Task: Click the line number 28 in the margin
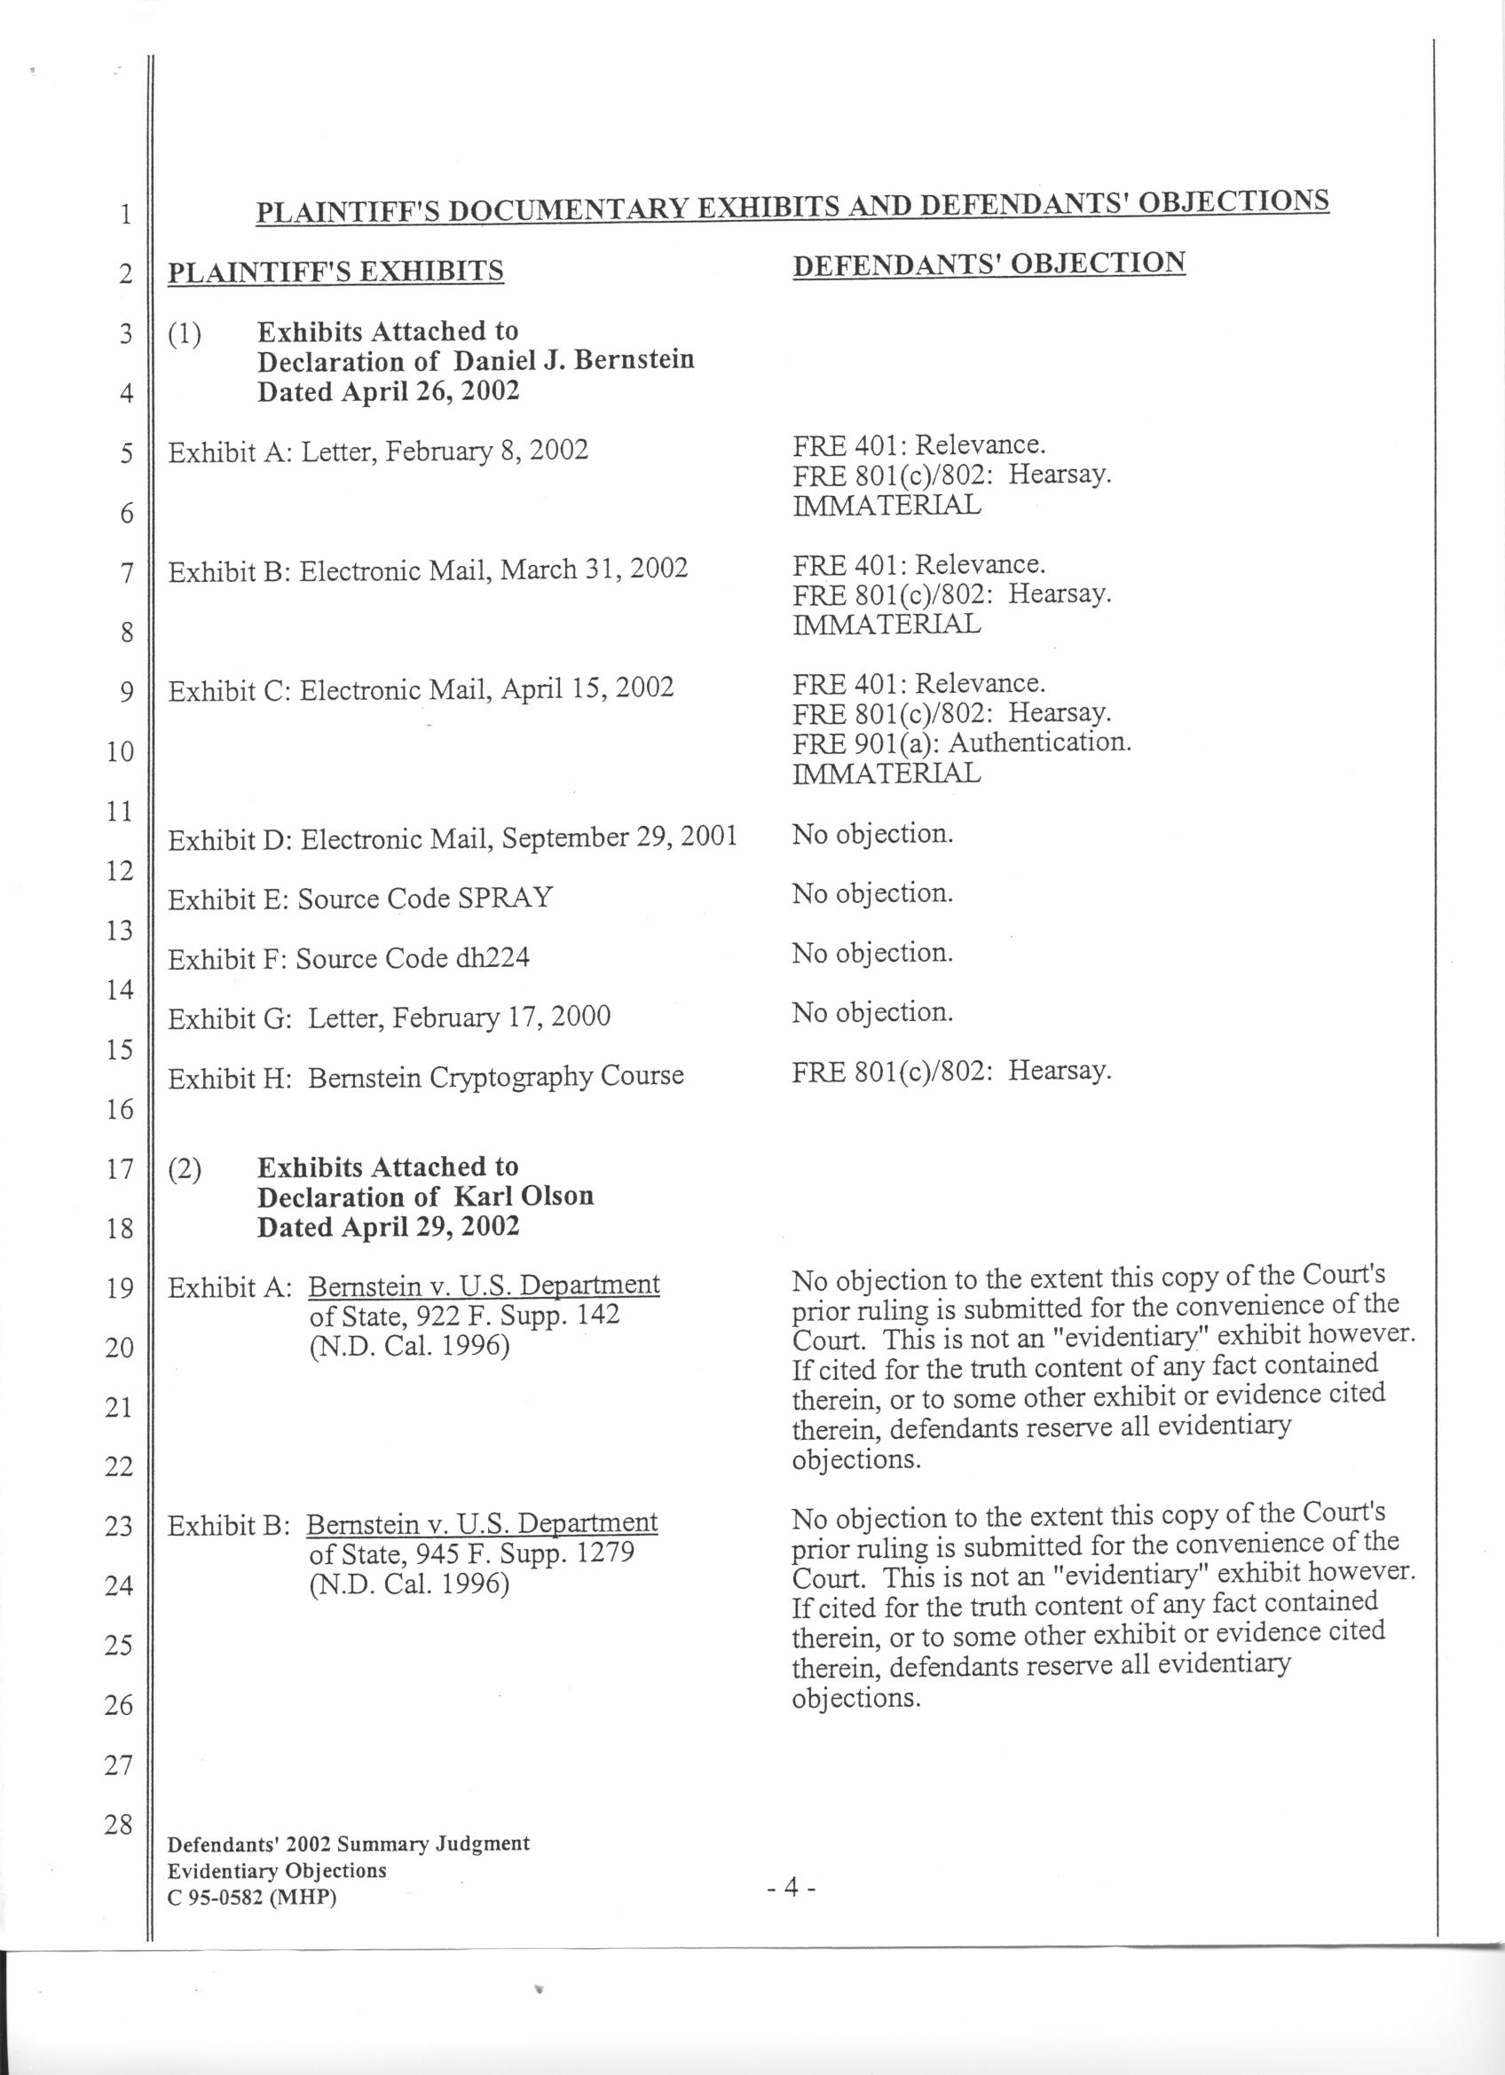pos(119,1824)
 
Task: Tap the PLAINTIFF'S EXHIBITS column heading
pos(335,271)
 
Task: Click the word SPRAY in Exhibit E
pos(505,898)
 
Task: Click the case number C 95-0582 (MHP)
pos(253,1898)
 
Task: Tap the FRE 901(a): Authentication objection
pos(962,741)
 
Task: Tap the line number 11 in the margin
pos(119,812)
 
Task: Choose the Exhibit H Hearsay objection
pos(951,1072)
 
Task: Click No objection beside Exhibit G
pos(873,1012)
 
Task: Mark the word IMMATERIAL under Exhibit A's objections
pos(886,505)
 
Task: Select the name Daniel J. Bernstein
pos(574,360)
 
